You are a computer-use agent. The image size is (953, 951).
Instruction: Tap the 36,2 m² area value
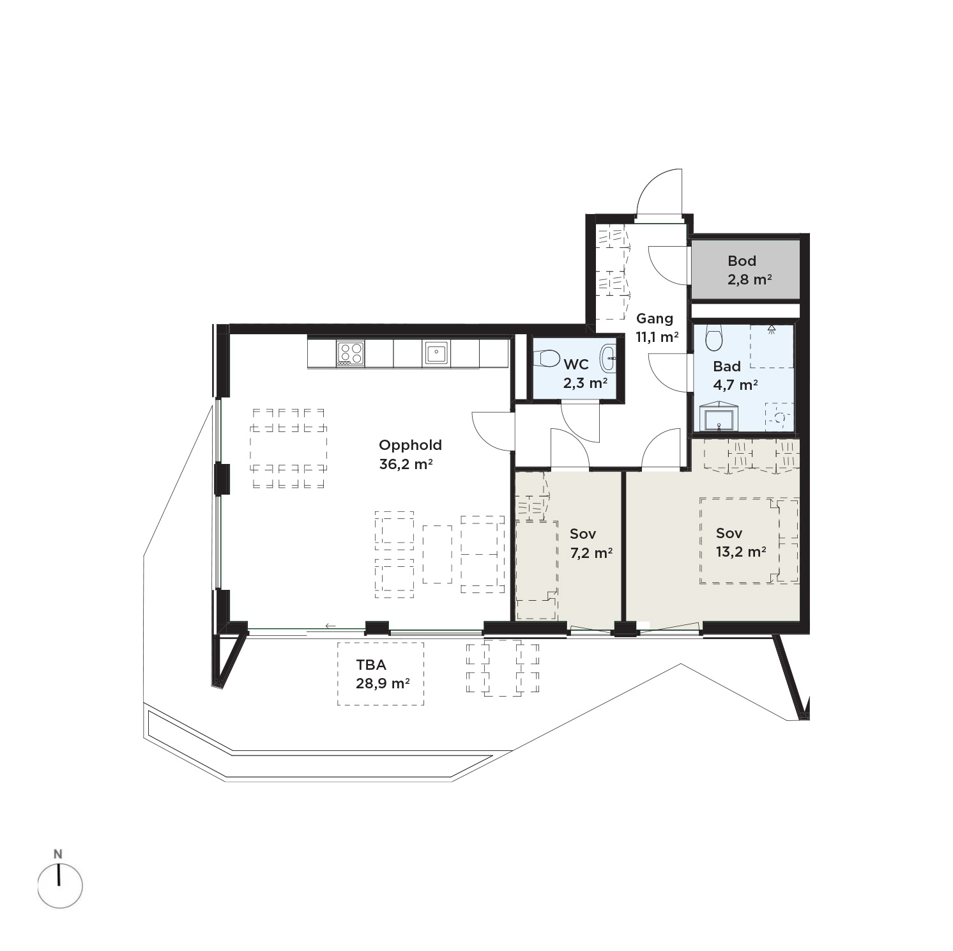[x=406, y=465]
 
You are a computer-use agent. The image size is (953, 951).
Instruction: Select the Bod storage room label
[x=742, y=261]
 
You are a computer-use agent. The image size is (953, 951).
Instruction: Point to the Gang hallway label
[x=655, y=319]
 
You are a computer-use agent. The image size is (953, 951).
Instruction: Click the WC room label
[x=576, y=365]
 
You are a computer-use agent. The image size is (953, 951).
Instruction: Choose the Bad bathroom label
[x=727, y=366]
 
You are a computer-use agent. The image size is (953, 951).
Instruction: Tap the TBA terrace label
[x=371, y=665]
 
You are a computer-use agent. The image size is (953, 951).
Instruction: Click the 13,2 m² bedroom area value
[x=741, y=552]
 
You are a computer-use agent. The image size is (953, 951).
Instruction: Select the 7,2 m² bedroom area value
[x=591, y=553]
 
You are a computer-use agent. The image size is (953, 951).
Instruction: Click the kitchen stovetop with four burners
[x=351, y=353]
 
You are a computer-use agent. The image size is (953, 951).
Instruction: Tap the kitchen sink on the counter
[x=436, y=353]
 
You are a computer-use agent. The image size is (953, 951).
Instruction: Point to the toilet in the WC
[x=547, y=359]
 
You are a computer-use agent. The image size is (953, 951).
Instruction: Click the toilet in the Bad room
[x=713, y=337]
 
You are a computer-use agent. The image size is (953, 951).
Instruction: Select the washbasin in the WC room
[x=608, y=358]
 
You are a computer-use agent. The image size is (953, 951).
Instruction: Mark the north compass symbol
[x=59, y=886]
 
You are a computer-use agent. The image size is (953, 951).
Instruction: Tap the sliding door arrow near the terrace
[x=330, y=626]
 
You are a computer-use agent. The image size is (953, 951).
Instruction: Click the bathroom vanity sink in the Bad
[x=719, y=418]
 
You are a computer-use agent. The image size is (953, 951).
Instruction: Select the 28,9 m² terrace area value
[x=383, y=683]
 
